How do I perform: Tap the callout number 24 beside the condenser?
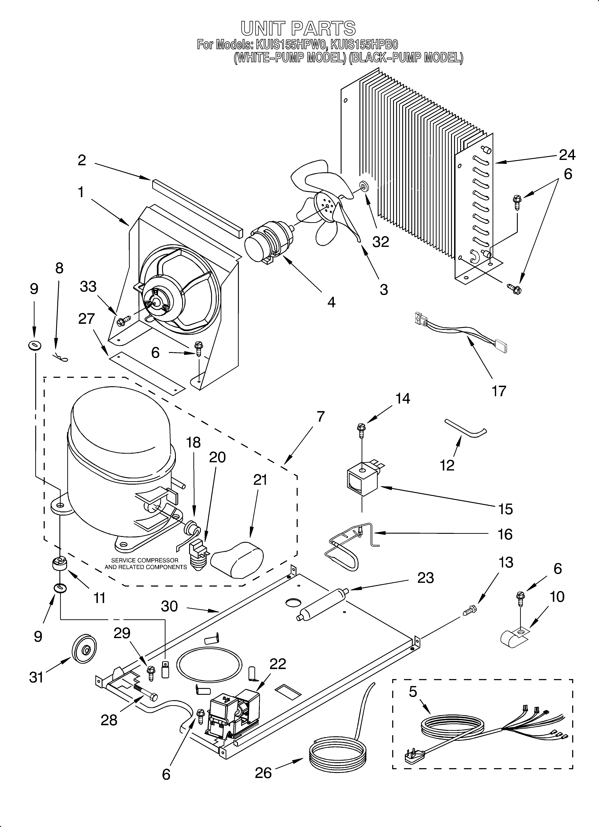tap(567, 155)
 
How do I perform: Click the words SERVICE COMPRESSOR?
tap(145, 560)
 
